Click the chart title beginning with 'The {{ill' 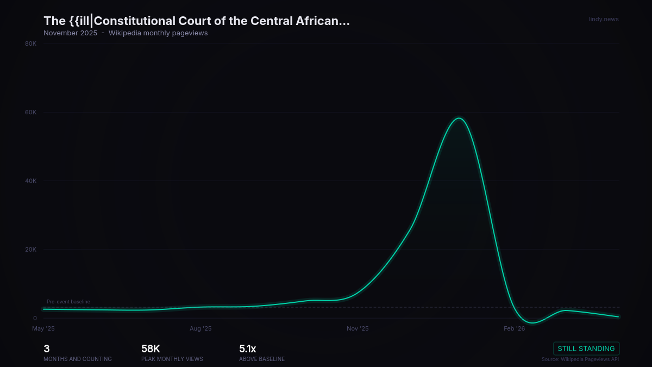click(x=197, y=21)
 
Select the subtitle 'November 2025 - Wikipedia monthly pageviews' click(x=126, y=33)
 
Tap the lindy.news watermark click(x=604, y=20)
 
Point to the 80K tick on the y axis click(x=31, y=43)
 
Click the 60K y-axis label click(x=31, y=113)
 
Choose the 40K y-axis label click(x=31, y=181)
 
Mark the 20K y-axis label click(x=31, y=250)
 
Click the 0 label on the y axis click(x=35, y=318)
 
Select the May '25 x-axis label click(x=43, y=328)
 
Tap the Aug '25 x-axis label click(x=200, y=328)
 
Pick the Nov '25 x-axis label click(x=358, y=328)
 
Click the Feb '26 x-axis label click(x=515, y=328)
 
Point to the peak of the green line click(x=459, y=118)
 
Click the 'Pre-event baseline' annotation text click(x=68, y=302)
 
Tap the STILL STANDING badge click(x=586, y=349)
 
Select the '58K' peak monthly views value click(x=151, y=349)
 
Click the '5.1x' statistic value click(x=247, y=349)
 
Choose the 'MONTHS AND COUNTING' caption click(x=78, y=359)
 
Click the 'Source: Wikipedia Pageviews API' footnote click(x=580, y=359)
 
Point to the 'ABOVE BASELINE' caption click(x=262, y=359)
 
